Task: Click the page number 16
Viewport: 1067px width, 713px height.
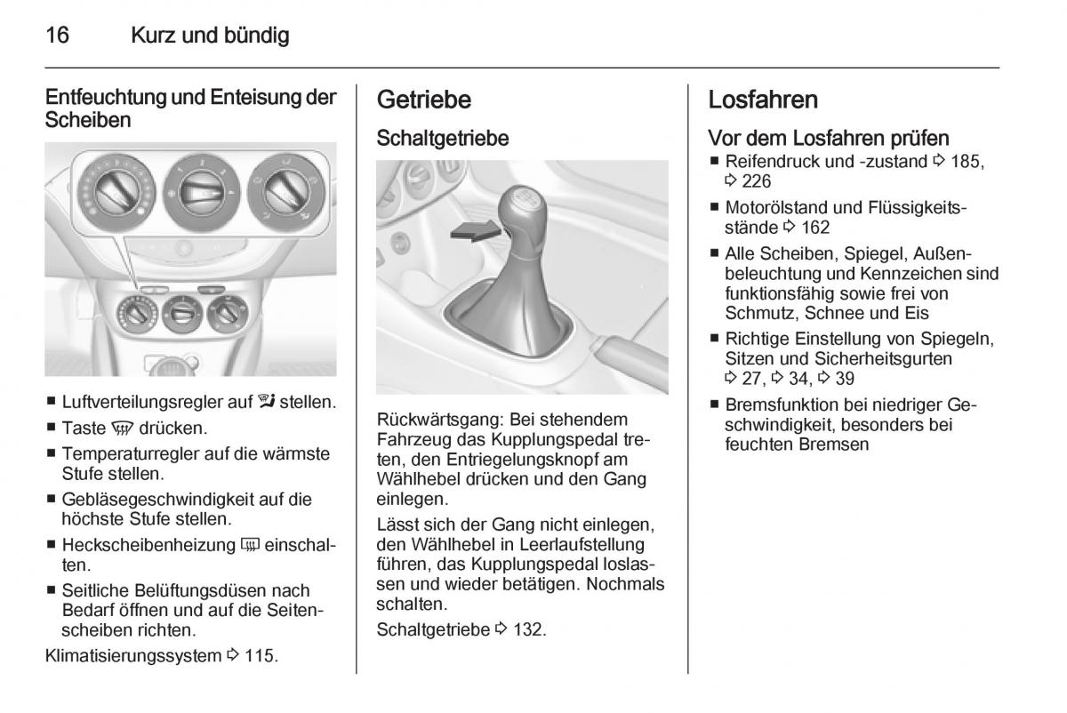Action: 58,36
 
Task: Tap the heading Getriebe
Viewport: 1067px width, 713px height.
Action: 424,100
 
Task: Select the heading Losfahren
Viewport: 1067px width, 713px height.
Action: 763,100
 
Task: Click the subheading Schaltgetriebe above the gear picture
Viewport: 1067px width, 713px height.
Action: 443,139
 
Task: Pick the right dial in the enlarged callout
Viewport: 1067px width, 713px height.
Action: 285,188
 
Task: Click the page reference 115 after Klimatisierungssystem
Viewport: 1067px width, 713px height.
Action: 261,657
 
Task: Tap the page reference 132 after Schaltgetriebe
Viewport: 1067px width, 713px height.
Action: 530,630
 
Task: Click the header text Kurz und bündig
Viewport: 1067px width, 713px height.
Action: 210,36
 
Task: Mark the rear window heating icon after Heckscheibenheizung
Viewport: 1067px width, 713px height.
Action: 248,544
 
